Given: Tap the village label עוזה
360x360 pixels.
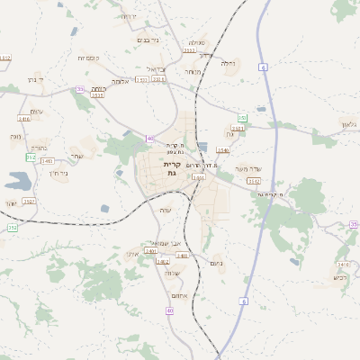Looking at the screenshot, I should [165, 210].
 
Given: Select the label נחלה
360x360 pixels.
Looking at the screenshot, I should [229, 64].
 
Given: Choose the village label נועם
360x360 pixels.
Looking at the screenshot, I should [215, 264].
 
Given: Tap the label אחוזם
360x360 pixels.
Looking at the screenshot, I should [178, 295].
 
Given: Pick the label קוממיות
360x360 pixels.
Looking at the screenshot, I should [88, 58].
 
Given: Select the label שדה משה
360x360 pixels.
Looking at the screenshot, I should [247, 168].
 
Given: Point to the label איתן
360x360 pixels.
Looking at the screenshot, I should [133, 255].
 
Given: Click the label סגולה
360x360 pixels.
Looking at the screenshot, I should [197, 42].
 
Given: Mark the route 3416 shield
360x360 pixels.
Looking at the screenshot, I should [24, 118].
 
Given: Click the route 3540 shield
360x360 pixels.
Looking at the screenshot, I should [223, 150].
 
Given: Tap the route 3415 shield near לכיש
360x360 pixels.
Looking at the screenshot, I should [343, 264].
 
